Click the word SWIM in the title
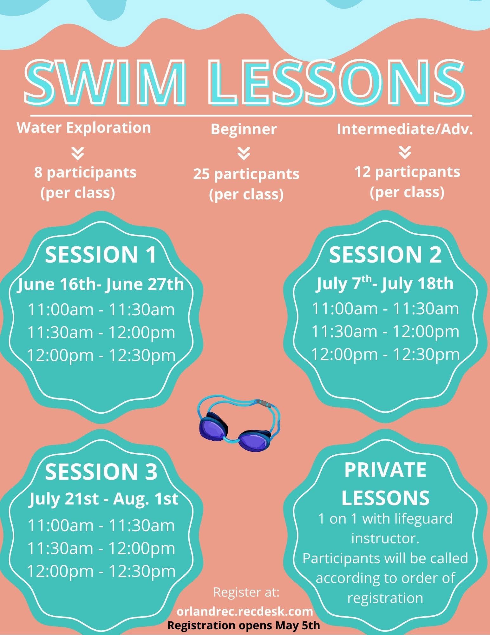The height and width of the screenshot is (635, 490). coord(105,83)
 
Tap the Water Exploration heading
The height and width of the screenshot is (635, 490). coord(84,128)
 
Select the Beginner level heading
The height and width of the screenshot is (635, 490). coord(244,129)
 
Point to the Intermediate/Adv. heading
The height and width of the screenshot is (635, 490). coord(405,129)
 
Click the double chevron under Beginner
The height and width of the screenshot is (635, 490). coord(244,154)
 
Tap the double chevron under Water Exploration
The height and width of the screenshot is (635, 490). coord(78,153)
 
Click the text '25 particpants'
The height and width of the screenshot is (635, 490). coord(246,174)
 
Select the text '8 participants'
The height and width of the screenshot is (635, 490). coord(85,173)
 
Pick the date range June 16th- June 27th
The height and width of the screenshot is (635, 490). coord(101,284)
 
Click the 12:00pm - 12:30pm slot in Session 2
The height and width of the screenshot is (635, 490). coord(385,354)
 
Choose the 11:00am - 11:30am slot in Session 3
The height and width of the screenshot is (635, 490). coord(101,525)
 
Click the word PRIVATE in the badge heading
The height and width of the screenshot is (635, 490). coord(385,470)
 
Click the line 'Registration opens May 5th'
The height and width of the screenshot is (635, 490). coord(244,625)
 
